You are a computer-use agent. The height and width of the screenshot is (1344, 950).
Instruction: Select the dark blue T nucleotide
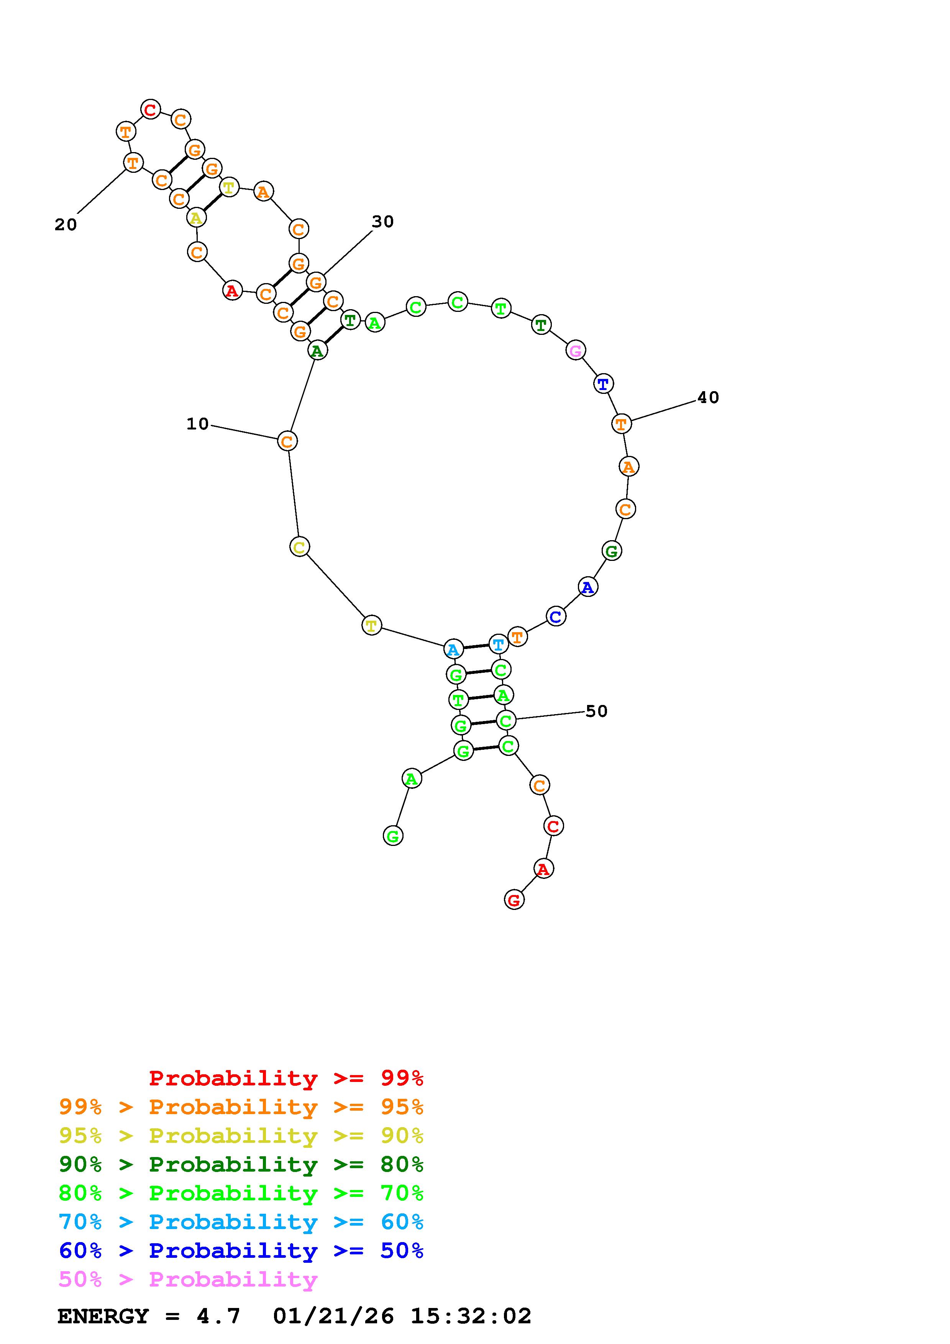click(603, 384)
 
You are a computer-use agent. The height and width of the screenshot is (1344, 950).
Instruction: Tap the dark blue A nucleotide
click(588, 587)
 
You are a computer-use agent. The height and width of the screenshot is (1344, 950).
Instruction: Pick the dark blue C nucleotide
click(556, 616)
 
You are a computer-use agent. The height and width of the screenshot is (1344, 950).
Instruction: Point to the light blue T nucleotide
click(498, 644)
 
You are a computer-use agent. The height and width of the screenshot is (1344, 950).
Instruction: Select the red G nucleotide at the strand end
click(514, 900)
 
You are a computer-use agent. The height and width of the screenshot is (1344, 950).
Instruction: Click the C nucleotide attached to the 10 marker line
click(287, 441)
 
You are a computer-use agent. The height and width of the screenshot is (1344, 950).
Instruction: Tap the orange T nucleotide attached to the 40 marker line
click(621, 423)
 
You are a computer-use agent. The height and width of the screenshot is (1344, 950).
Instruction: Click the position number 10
click(198, 424)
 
